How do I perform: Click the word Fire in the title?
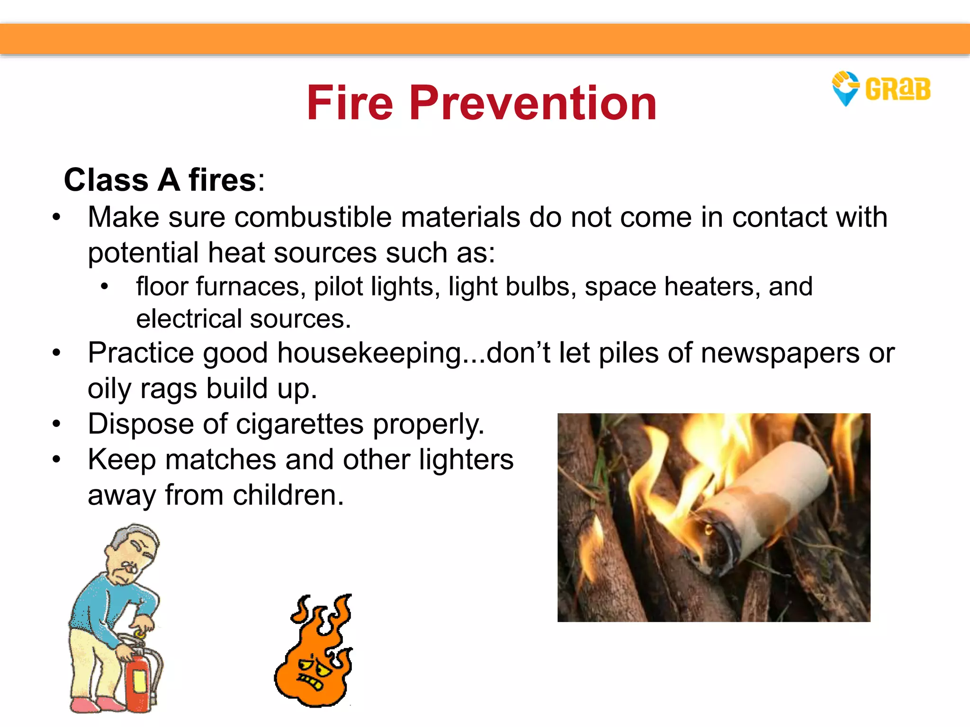(350, 103)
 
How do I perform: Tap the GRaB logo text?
(898, 89)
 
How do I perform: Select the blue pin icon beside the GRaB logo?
(845, 89)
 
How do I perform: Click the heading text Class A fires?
(163, 180)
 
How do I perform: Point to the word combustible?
(313, 217)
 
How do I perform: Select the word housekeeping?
(369, 353)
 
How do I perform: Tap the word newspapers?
(780, 353)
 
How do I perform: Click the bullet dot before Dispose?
(57, 424)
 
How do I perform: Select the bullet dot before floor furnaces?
(105, 287)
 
